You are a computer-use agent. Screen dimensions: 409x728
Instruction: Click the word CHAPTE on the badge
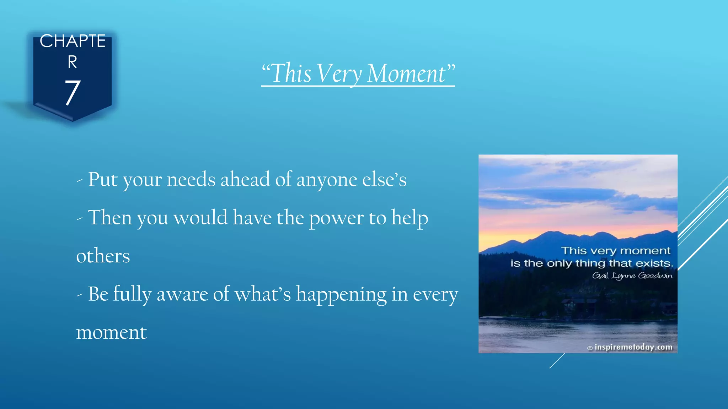[73, 41]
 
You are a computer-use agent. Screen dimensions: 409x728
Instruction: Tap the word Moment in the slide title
[406, 73]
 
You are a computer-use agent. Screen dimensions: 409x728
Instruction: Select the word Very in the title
[339, 73]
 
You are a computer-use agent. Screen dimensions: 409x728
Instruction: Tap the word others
[103, 256]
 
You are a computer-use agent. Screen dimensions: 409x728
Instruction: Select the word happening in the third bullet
[341, 294]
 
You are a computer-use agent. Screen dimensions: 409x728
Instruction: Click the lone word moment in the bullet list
[111, 333]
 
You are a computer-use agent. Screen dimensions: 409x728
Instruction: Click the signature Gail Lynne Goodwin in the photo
[632, 276]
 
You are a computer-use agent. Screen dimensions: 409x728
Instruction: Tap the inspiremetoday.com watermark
[633, 347]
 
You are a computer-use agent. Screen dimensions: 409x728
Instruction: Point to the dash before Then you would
[80, 219]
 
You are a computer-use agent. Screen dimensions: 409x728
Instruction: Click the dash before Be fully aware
[80, 295]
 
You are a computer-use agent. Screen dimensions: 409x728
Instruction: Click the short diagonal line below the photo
[557, 361]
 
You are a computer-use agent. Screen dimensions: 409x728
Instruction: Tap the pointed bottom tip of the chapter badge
[73, 120]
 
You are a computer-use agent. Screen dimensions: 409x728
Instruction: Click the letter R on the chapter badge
[73, 62]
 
